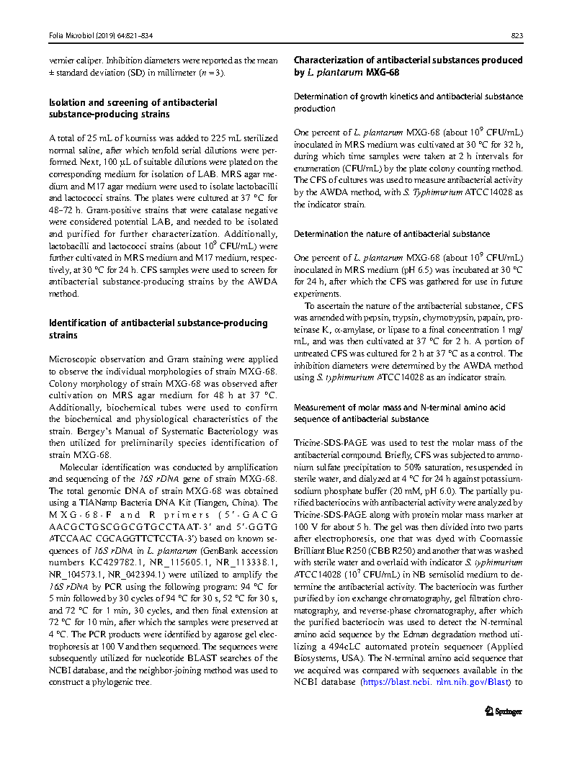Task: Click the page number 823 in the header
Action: click(517, 35)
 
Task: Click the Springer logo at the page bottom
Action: click(503, 711)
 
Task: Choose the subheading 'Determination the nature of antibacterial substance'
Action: click(392, 233)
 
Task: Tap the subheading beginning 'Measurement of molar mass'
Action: click(400, 408)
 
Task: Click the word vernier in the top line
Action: click(62, 60)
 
